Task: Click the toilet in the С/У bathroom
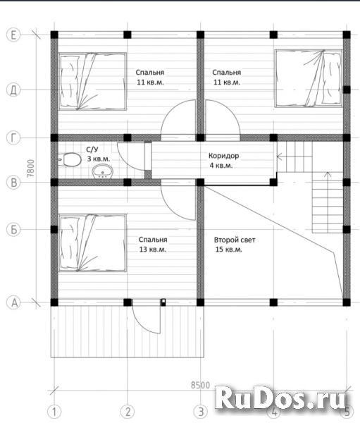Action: tap(70, 160)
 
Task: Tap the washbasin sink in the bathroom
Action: tap(103, 171)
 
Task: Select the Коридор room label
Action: tap(224, 156)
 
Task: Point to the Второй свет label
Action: tap(235, 240)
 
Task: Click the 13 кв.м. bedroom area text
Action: tap(153, 250)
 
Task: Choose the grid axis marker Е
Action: tap(13, 35)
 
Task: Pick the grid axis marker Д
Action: tap(13, 90)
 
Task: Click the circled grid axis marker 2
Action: tap(128, 412)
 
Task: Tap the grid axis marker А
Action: tap(13, 302)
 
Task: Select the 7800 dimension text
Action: tap(31, 168)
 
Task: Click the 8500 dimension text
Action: tap(200, 385)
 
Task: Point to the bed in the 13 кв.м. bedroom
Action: tap(92, 243)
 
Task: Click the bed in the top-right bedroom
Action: tap(309, 78)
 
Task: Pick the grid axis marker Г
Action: tap(13, 138)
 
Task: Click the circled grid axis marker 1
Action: tap(54, 412)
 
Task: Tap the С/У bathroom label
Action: tap(91, 149)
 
